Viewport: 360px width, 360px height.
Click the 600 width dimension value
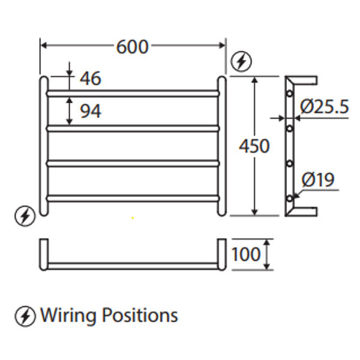click(132, 47)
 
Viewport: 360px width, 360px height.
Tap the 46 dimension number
click(89, 78)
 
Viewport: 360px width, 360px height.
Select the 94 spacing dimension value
click(89, 111)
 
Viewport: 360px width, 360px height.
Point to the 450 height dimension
click(254, 146)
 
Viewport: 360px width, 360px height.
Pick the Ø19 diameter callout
click(319, 179)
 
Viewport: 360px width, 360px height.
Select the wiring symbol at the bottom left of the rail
click(25, 216)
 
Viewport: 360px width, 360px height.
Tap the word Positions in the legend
click(140, 315)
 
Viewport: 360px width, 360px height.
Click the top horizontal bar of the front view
click(132, 94)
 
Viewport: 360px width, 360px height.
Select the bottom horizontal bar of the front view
click(132, 197)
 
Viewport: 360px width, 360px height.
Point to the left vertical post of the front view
click(43, 144)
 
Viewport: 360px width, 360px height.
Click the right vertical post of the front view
click(221, 144)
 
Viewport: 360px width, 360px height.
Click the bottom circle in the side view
click(290, 197)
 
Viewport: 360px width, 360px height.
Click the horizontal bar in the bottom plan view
click(132, 265)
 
